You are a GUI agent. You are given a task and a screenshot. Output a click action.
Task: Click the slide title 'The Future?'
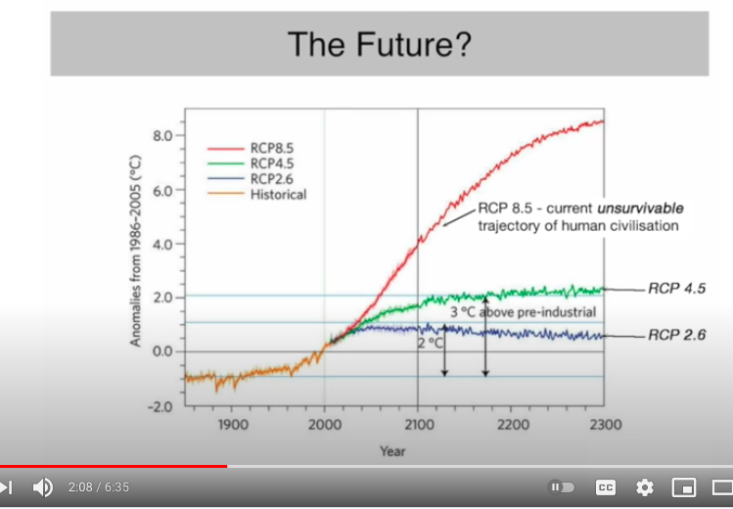pos(380,44)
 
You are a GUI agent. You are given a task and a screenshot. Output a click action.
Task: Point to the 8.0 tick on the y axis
pos(162,135)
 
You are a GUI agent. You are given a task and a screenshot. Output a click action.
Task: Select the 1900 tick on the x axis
pos(232,425)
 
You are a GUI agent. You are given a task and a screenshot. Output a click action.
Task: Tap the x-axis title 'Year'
pos(393,450)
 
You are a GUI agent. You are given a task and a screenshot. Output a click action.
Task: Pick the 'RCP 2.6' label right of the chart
pos(676,335)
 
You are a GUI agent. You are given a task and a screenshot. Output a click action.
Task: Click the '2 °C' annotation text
pos(431,343)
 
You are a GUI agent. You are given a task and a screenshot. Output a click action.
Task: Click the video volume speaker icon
pos(43,486)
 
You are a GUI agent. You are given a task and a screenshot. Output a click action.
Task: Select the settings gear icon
pos(645,486)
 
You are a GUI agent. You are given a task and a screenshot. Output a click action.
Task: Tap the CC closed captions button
pos(606,486)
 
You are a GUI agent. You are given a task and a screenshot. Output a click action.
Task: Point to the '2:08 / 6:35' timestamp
pos(99,486)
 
